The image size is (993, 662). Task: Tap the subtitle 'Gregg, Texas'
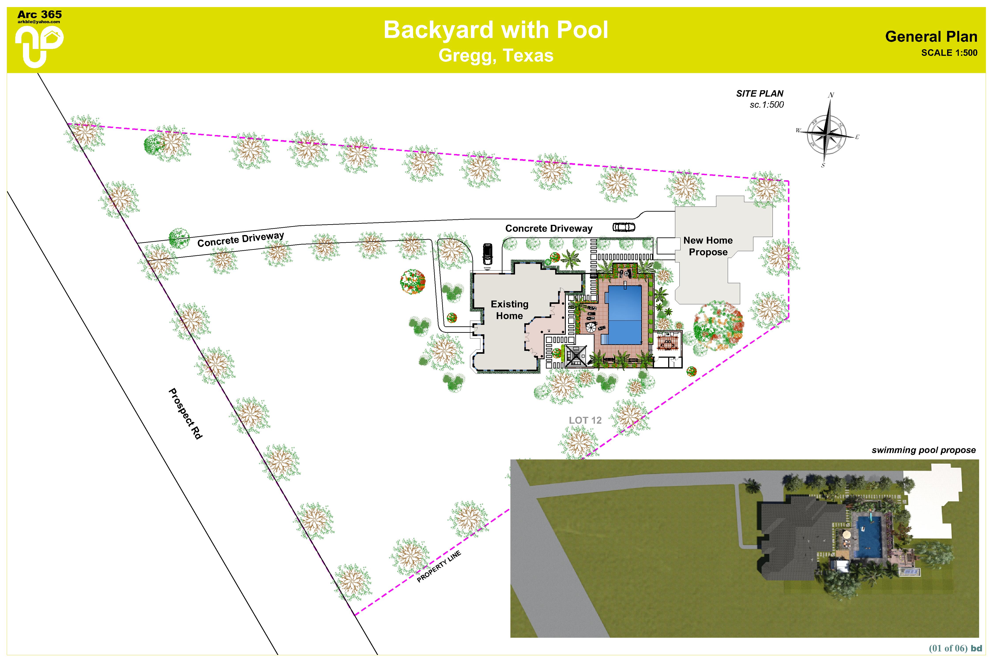pyautogui.click(x=496, y=55)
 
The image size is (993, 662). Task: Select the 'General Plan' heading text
pyautogui.click(x=931, y=37)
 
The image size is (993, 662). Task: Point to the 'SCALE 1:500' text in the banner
pyautogui.click(x=949, y=53)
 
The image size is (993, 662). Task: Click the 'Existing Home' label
pyautogui.click(x=509, y=310)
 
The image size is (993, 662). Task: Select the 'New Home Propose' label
pyautogui.click(x=708, y=246)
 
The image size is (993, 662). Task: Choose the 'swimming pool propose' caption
pyautogui.click(x=923, y=450)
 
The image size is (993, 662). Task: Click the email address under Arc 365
pyautogui.click(x=39, y=22)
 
